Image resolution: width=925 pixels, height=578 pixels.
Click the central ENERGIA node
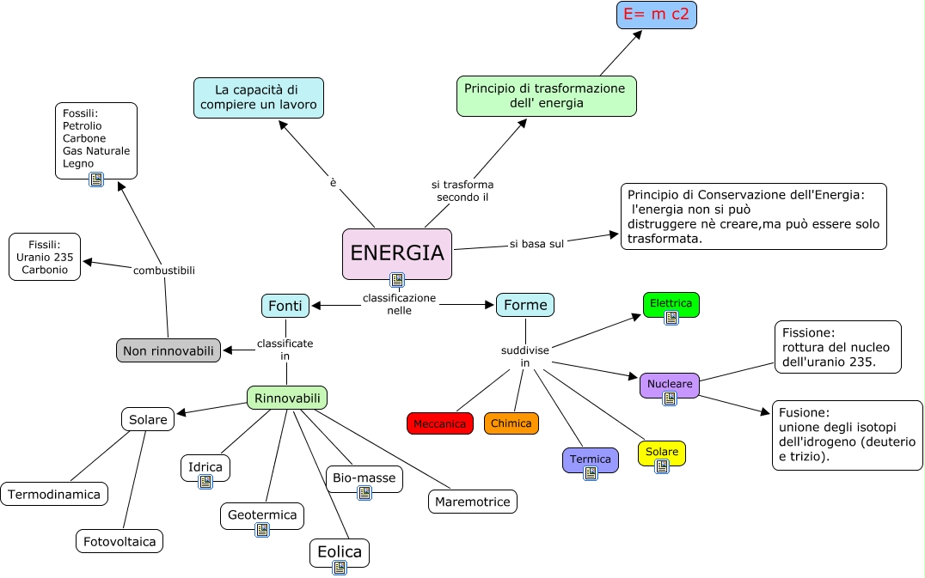pyautogui.click(x=396, y=252)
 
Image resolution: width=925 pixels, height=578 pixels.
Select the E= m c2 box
pyautogui.click(x=656, y=15)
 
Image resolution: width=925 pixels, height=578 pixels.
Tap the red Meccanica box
pyautogui.click(x=439, y=423)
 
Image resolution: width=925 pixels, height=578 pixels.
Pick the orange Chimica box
pyautogui.click(x=511, y=423)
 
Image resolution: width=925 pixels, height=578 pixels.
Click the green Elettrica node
pyautogui.click(x=671, y=303)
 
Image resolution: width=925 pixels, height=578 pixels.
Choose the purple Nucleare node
pyautogui.click(x=669, y=384)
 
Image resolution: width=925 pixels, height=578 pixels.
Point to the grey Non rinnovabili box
pyautogui.click(x=168, y=350)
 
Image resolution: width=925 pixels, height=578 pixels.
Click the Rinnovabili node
pyautogui.click(x=287, y=398)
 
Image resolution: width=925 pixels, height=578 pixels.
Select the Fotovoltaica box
pyautogui.click(x=119, y=541)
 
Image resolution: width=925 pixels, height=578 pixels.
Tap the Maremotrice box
pyautogui.click(x=473, y=502)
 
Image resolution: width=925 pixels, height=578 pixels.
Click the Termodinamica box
pyautogui.click(x=55, y=494)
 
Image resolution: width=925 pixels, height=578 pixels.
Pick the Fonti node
pyautogui.click(x=285, y=305)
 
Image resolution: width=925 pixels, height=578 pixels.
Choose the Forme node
pyautogui.click(x=525, y=305)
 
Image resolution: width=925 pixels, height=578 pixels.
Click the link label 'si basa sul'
pyautogui.click(x=536, y=244)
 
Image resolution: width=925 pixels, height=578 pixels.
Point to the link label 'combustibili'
pyautogui.click(x=164, y=271)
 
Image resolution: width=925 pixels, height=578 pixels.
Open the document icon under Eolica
pyautogui.click(x=340, y=568)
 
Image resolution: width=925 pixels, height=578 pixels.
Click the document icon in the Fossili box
pyautogui.click(x=96, y=179)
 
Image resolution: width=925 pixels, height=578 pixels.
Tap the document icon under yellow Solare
pyautogui.click(x=661, y=466)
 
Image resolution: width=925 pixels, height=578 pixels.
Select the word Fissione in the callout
pyautogui.click(x=808, y=332)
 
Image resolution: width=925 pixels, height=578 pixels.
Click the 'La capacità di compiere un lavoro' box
pyautogui.click(x=258, y=97)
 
